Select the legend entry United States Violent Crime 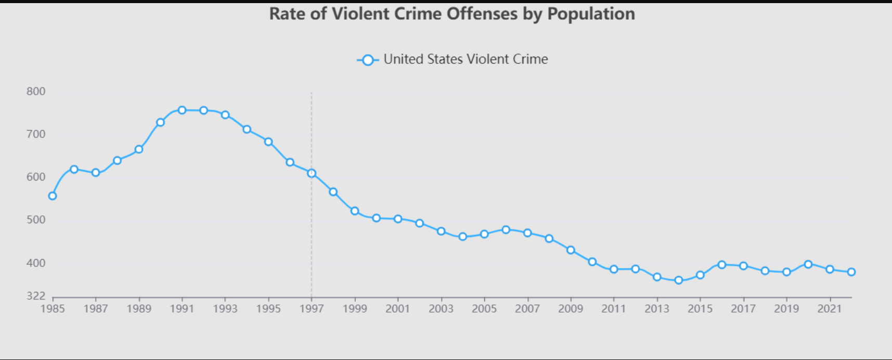(x=452, y=60)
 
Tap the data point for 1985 (x=53, y=196)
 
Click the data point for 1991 (x=182, y=110)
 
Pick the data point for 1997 (x=312, y=173)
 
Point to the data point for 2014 (x=679, y=280)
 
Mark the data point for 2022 (x=851, y=272)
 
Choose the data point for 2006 (x=506, y=229)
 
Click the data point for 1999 (x=355, y=211)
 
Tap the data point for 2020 (x=808, y=264)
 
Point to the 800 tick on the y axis (x=36, y=92)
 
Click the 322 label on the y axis (x=36, y=296)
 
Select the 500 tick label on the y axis (x=36, y=220)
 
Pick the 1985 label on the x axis (x=53, y=309)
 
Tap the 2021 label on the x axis (x=830, y=309)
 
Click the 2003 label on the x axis (x=441, y=309)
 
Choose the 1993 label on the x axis (x=225, y=309)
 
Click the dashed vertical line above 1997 (x=312, y=130)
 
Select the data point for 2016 (x=722, y=265)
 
